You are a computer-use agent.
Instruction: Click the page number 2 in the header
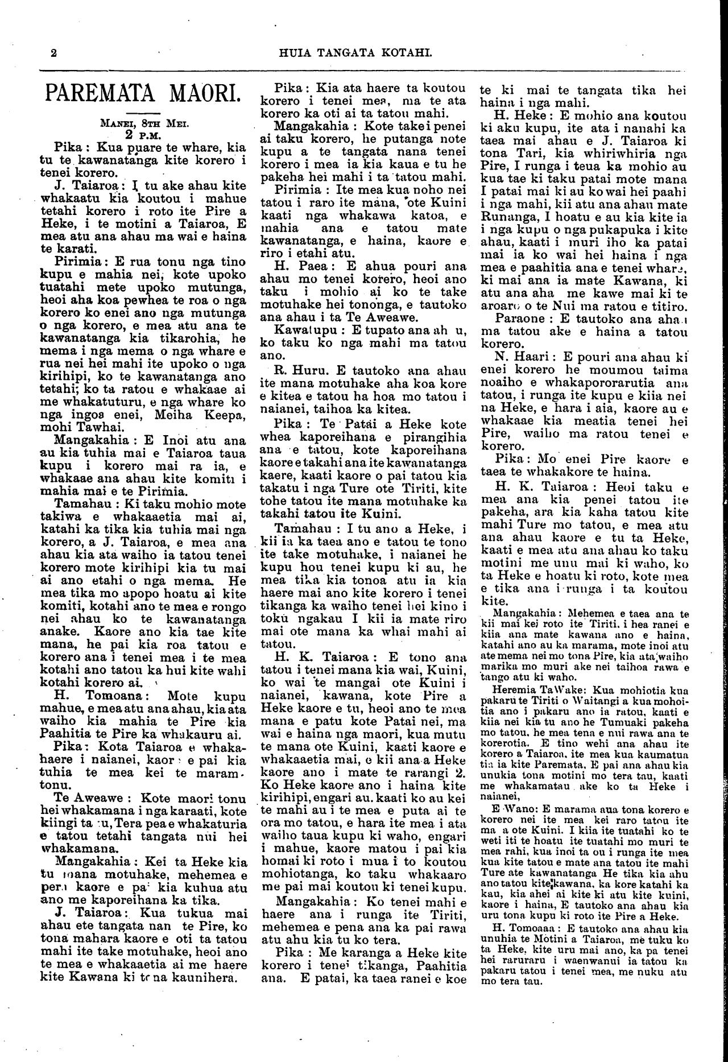click(53, 53)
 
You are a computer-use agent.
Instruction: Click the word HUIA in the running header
click(294, 53)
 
